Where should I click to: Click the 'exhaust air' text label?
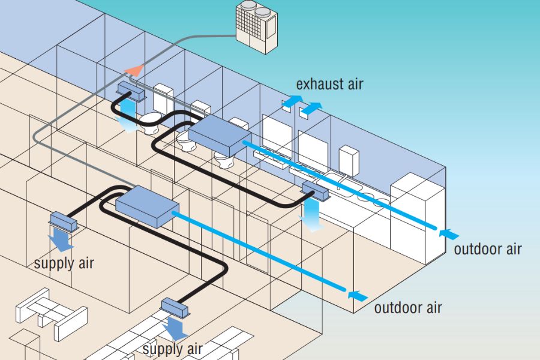click(329, 83)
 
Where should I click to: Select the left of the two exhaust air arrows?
click(292, 101)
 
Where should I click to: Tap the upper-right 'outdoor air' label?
click(487, 249)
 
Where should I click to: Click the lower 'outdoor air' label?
click(408, 308)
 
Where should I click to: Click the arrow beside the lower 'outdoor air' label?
click(358, 294)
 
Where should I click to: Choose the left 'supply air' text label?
click(64, 263)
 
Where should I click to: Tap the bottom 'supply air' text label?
click(172, 349)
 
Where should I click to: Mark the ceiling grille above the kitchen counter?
click(315, 190)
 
